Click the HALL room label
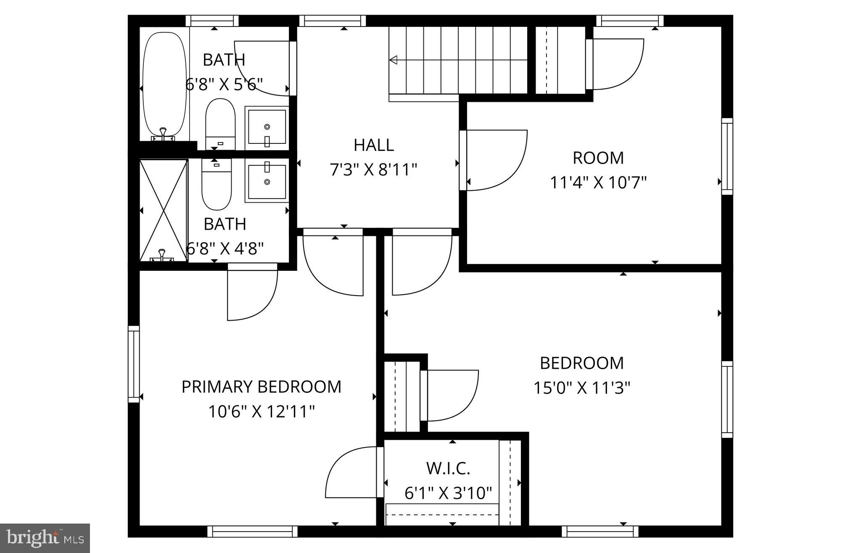373,145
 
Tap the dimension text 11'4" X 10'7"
598,183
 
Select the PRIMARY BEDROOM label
261,386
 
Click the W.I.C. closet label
448,468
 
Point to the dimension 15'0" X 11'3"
582,388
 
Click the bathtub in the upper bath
164,84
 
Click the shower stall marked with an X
163,210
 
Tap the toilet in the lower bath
217,185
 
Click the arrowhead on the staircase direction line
393,60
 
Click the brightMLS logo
45,538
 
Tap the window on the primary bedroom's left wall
133,364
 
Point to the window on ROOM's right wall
727,156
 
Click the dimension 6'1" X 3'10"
448,493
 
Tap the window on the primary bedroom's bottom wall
252,532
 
